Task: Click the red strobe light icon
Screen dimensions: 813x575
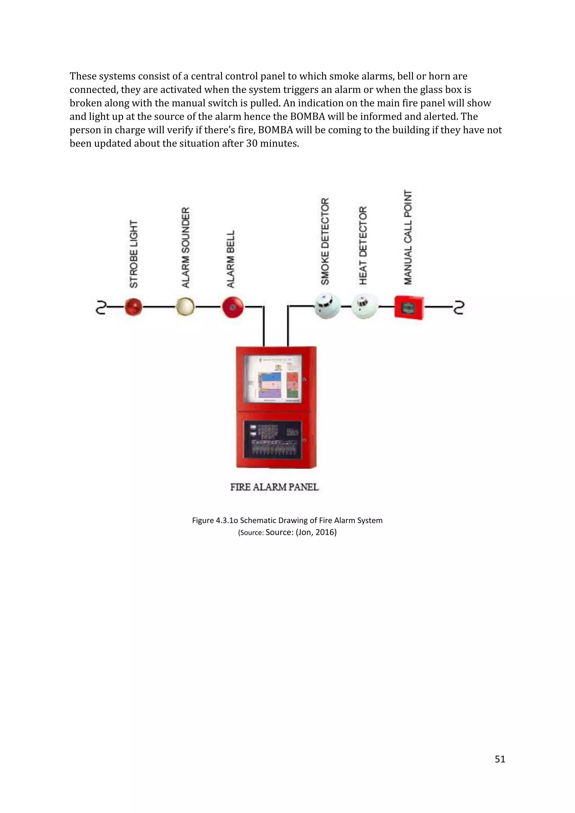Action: pos(133,307)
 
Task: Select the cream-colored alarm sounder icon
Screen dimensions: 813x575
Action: pos(185,306)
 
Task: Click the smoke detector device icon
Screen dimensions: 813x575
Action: pos(327,306)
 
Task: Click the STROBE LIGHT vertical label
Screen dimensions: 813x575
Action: pos(133,254)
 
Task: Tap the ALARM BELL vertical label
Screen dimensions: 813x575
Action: pos(231,259)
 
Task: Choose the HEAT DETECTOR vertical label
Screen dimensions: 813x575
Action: pos(363,245)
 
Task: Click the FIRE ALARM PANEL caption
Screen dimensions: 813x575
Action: pos(274,487)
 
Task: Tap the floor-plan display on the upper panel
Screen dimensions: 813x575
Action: pos(274,379)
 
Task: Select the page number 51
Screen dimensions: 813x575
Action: pos(499,759)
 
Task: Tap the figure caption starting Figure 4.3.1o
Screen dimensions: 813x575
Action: pos(287,520)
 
